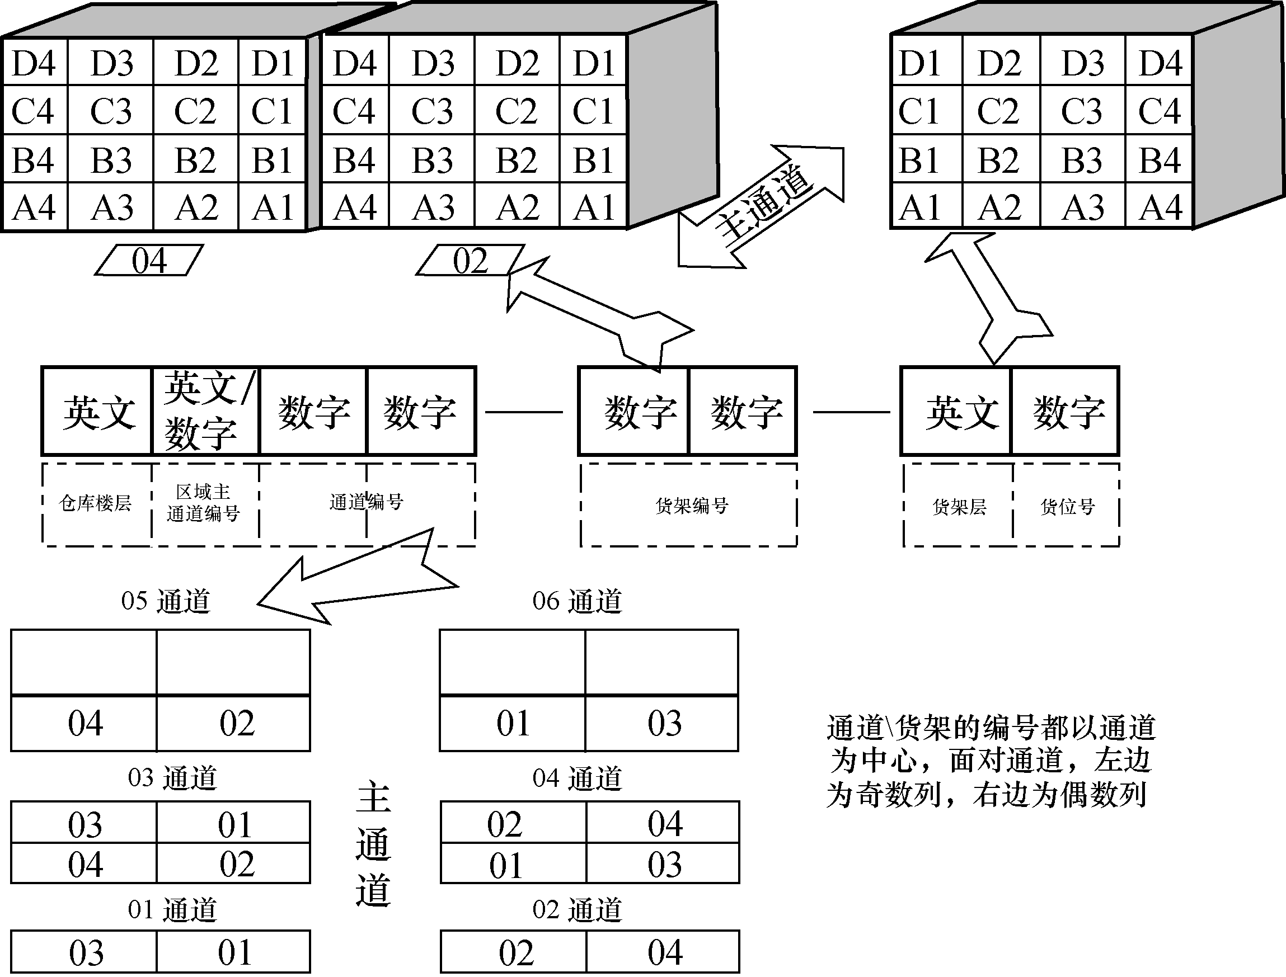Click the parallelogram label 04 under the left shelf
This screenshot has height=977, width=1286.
[x=149, y=260]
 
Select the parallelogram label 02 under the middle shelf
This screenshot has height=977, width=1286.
[x=470, y=260]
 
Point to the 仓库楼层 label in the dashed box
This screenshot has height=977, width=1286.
[x=96, y=503]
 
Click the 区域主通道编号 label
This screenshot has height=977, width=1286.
[x=203, y=503]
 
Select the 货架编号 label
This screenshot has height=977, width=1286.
[x=691, y=506]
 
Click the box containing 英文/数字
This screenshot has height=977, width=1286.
[x=205, y=411]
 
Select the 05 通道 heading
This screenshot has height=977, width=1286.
[x=165, y=601]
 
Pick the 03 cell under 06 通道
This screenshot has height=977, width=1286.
[x=663, y=724]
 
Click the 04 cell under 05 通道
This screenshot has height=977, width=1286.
[x=85, y=724]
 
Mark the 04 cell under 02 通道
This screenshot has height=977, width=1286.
[x=663, y=952]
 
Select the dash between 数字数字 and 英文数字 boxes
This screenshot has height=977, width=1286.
[x=851, y=412]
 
